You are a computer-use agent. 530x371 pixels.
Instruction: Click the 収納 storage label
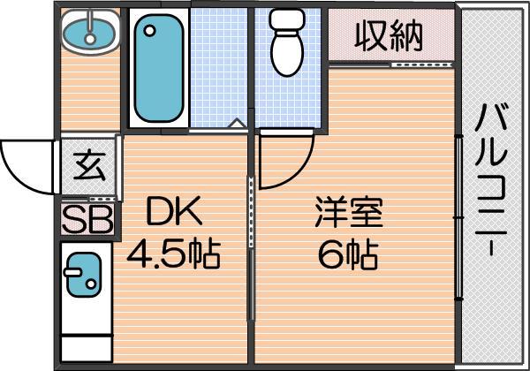click(389, 36)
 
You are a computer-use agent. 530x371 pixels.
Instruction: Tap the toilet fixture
click(287, 42)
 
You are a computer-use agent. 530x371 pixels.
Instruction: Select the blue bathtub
click(159, 68)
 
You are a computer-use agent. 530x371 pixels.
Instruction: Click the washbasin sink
click(90, 32)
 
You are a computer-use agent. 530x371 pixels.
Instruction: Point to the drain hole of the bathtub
click(149, 31)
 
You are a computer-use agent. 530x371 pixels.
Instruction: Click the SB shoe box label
click(87, 219)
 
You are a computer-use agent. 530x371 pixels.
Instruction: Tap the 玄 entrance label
click(89, 167)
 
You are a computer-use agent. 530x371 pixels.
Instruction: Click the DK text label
click(174, 211)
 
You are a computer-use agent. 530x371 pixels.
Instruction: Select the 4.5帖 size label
click(174, 254)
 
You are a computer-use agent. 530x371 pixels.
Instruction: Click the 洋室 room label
click(349, 212)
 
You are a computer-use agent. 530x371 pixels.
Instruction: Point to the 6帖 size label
click(348, 254)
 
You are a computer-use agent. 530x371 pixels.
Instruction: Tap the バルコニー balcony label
click(491, 179)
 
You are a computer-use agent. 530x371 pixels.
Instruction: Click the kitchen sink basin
click(84, 275)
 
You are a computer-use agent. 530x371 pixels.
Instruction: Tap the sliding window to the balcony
click(458, 217)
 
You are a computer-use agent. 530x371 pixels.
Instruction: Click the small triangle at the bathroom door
click(238, 123)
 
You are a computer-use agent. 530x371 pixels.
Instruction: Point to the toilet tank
click(287, 20)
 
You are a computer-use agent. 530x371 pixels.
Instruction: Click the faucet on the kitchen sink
click(72, 272)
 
